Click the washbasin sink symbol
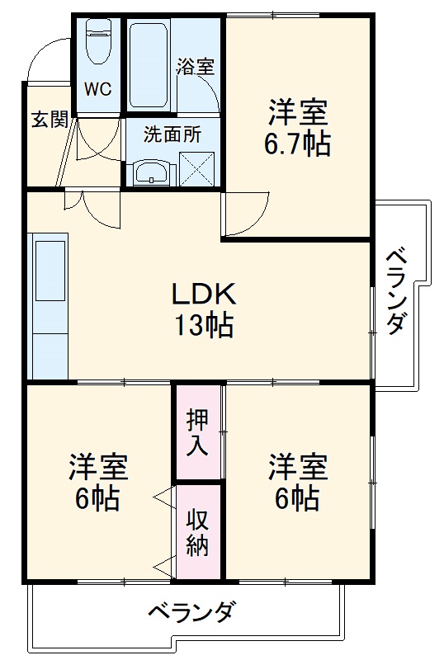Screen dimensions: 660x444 [153, 173]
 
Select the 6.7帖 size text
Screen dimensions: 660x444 [297, 144]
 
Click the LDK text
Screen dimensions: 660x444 [204, 294]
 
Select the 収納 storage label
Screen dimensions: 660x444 [196, 533]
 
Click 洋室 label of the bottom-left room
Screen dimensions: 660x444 [97, 467]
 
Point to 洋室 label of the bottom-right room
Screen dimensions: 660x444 [297, 467]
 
